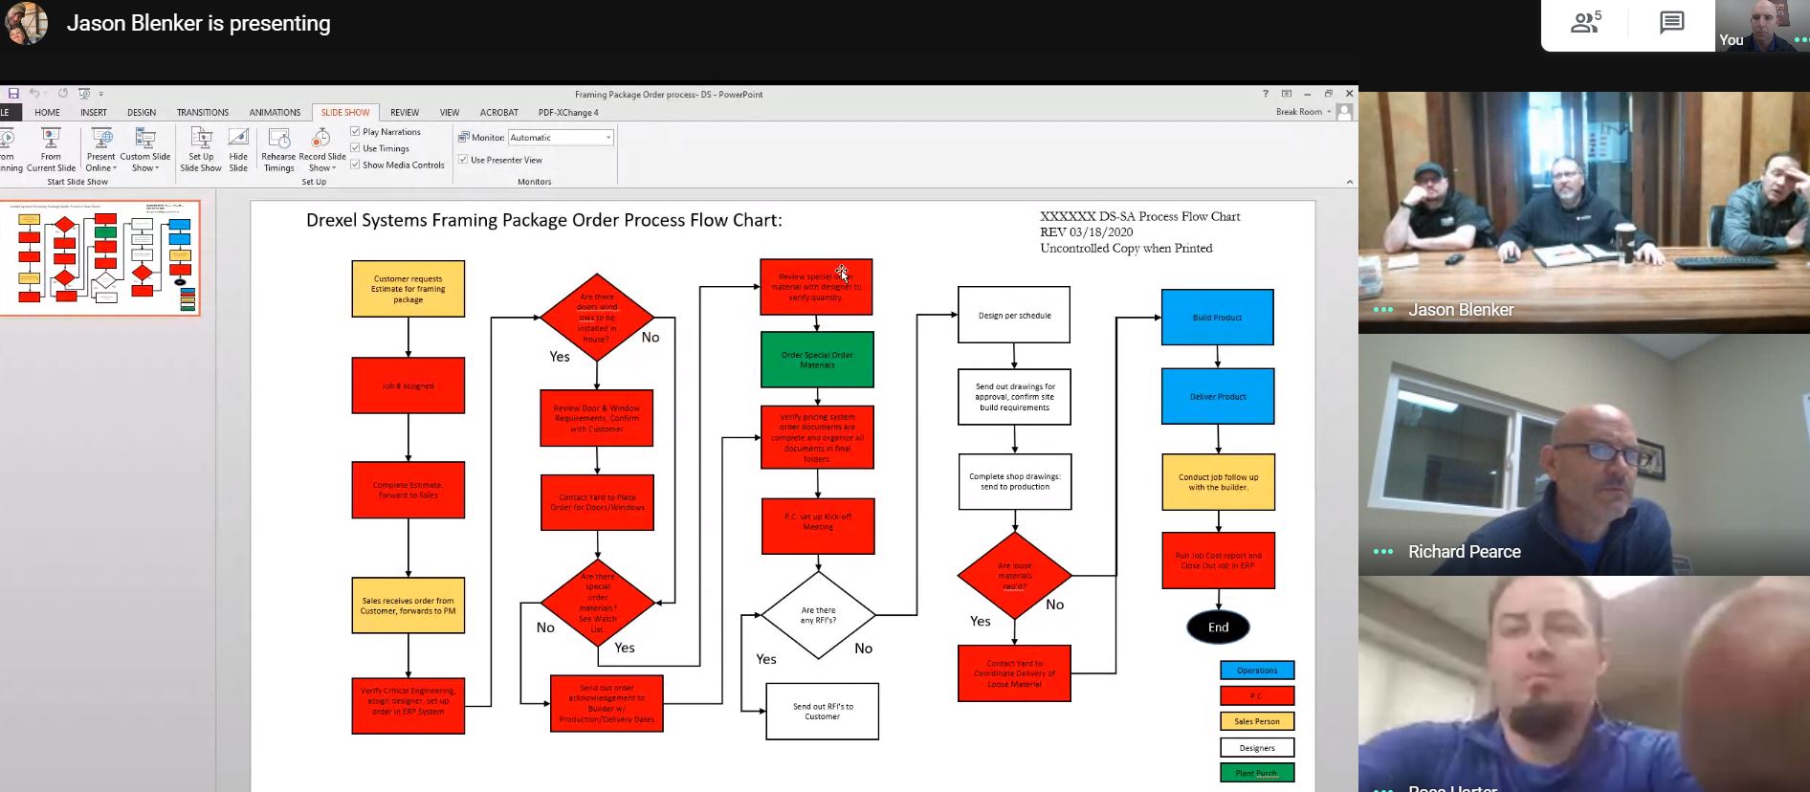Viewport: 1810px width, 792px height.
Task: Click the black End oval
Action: click(x=1218, y=627)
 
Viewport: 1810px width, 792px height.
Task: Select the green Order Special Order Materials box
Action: click(x=817, y=360)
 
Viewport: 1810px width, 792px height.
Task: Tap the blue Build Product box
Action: click(x=1217, y=317)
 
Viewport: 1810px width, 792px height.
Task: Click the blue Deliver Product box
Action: click(x=1218, y=396)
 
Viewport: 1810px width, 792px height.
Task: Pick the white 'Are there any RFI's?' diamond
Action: click(x=818, y=615)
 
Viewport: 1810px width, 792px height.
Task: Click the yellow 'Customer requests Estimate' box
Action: click(x=408, y=289)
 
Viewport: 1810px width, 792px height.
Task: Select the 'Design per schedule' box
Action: click(x=1014, y=315)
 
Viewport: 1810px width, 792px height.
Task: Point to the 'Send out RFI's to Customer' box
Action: click(x=822, y=711)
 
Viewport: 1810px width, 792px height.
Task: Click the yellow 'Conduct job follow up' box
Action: click(x=1218, y=482)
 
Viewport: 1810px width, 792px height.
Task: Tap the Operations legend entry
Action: click(x=1257, y=671)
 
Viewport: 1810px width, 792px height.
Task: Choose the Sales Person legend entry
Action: click(x=1257, y=721)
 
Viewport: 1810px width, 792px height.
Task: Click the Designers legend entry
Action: click(x=1257, y=747)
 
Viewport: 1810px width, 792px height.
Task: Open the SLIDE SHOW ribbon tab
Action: click(x=345, y=113)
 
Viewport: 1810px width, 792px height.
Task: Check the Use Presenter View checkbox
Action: click(x=463, y=160)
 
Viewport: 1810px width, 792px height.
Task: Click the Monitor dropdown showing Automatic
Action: click(x=561, y=138)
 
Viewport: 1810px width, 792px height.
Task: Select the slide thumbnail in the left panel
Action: click(x=100, y=258)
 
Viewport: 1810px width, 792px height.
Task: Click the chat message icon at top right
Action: click(x=1671, y=23)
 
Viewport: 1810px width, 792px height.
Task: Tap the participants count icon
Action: click(x=1585, y=23)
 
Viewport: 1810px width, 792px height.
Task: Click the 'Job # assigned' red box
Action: click(x=408, y=385)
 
